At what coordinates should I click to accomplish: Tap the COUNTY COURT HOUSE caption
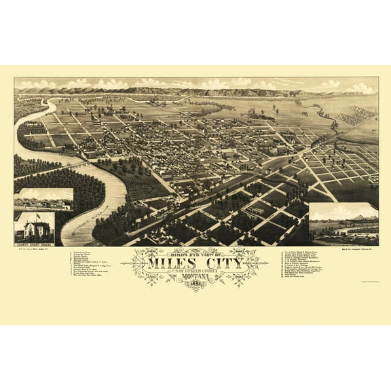click(x=34, y=241)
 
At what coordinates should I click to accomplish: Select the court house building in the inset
click(x=34, y=227)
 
